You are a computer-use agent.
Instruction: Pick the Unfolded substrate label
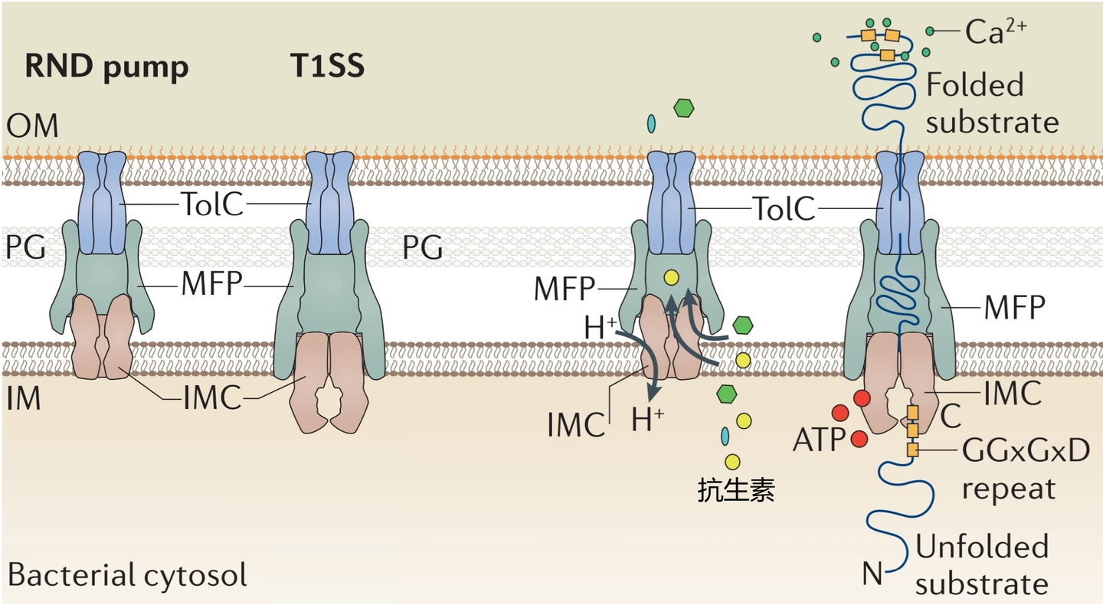point(982,565)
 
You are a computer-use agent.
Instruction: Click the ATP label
point(818,440)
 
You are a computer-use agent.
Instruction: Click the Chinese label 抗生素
point(736,489)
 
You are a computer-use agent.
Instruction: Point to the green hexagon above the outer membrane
point(683,108)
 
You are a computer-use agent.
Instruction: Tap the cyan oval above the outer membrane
point(652,123)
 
